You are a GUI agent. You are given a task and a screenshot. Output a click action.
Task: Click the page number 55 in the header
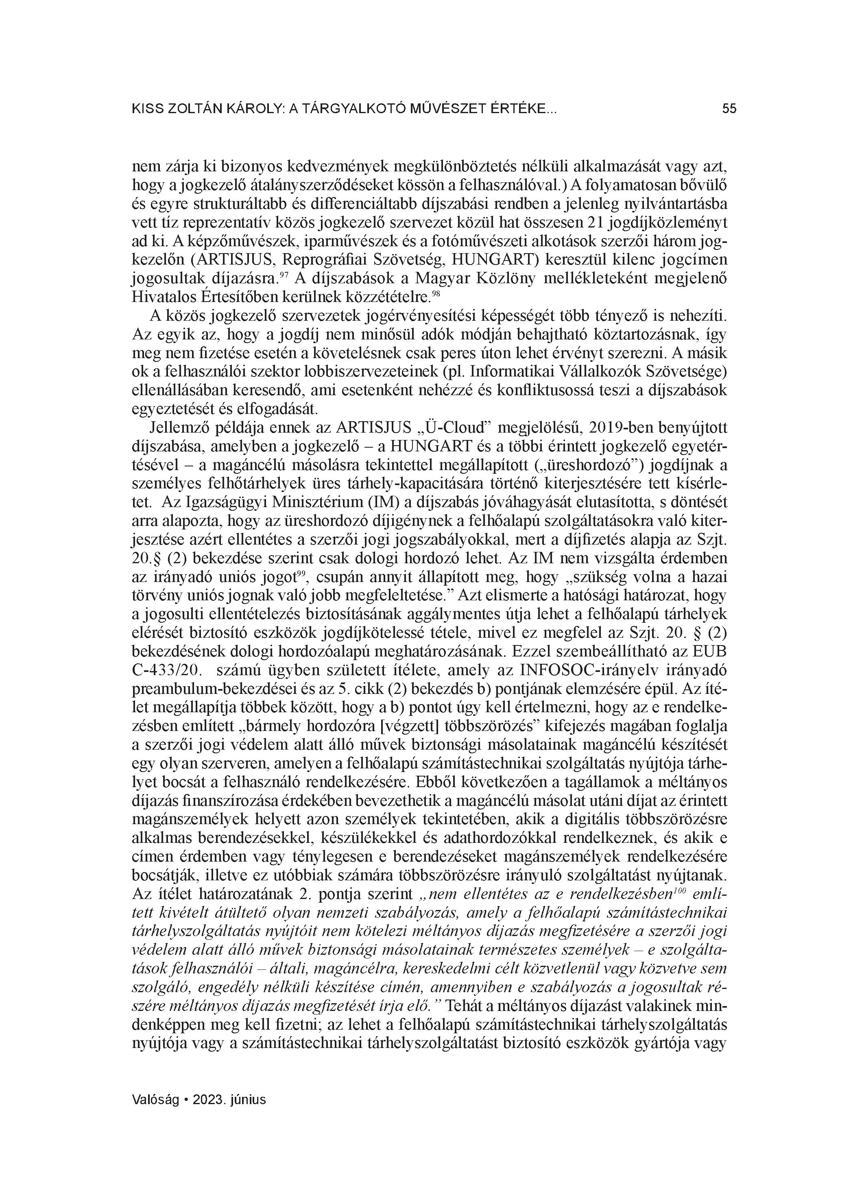pyautogui.click(x=729, y=109)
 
